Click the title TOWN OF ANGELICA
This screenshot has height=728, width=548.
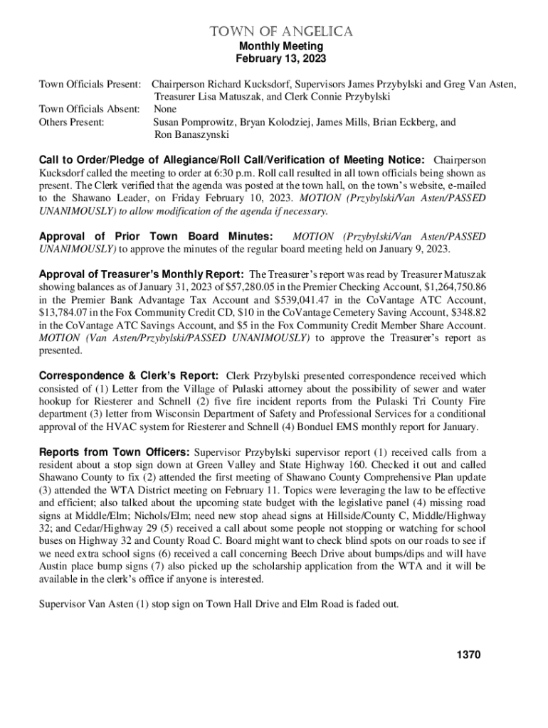point(280,32)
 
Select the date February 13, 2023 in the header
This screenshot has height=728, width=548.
point(280,59)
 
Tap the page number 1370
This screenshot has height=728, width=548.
point(469,655)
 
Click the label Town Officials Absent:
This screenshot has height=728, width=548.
point(89,109)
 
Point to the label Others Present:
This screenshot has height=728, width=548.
point(71,122)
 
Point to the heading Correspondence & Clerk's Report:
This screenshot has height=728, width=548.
point(129,375)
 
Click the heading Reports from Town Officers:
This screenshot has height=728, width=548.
point(114,451)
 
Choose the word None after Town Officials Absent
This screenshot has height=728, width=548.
point(165,109)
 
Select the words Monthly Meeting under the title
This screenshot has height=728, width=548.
point(280,46)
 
